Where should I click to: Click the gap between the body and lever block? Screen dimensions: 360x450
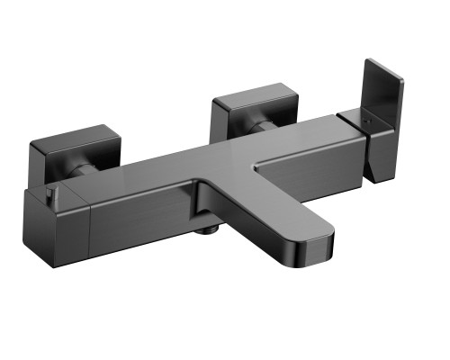(338, 135)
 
